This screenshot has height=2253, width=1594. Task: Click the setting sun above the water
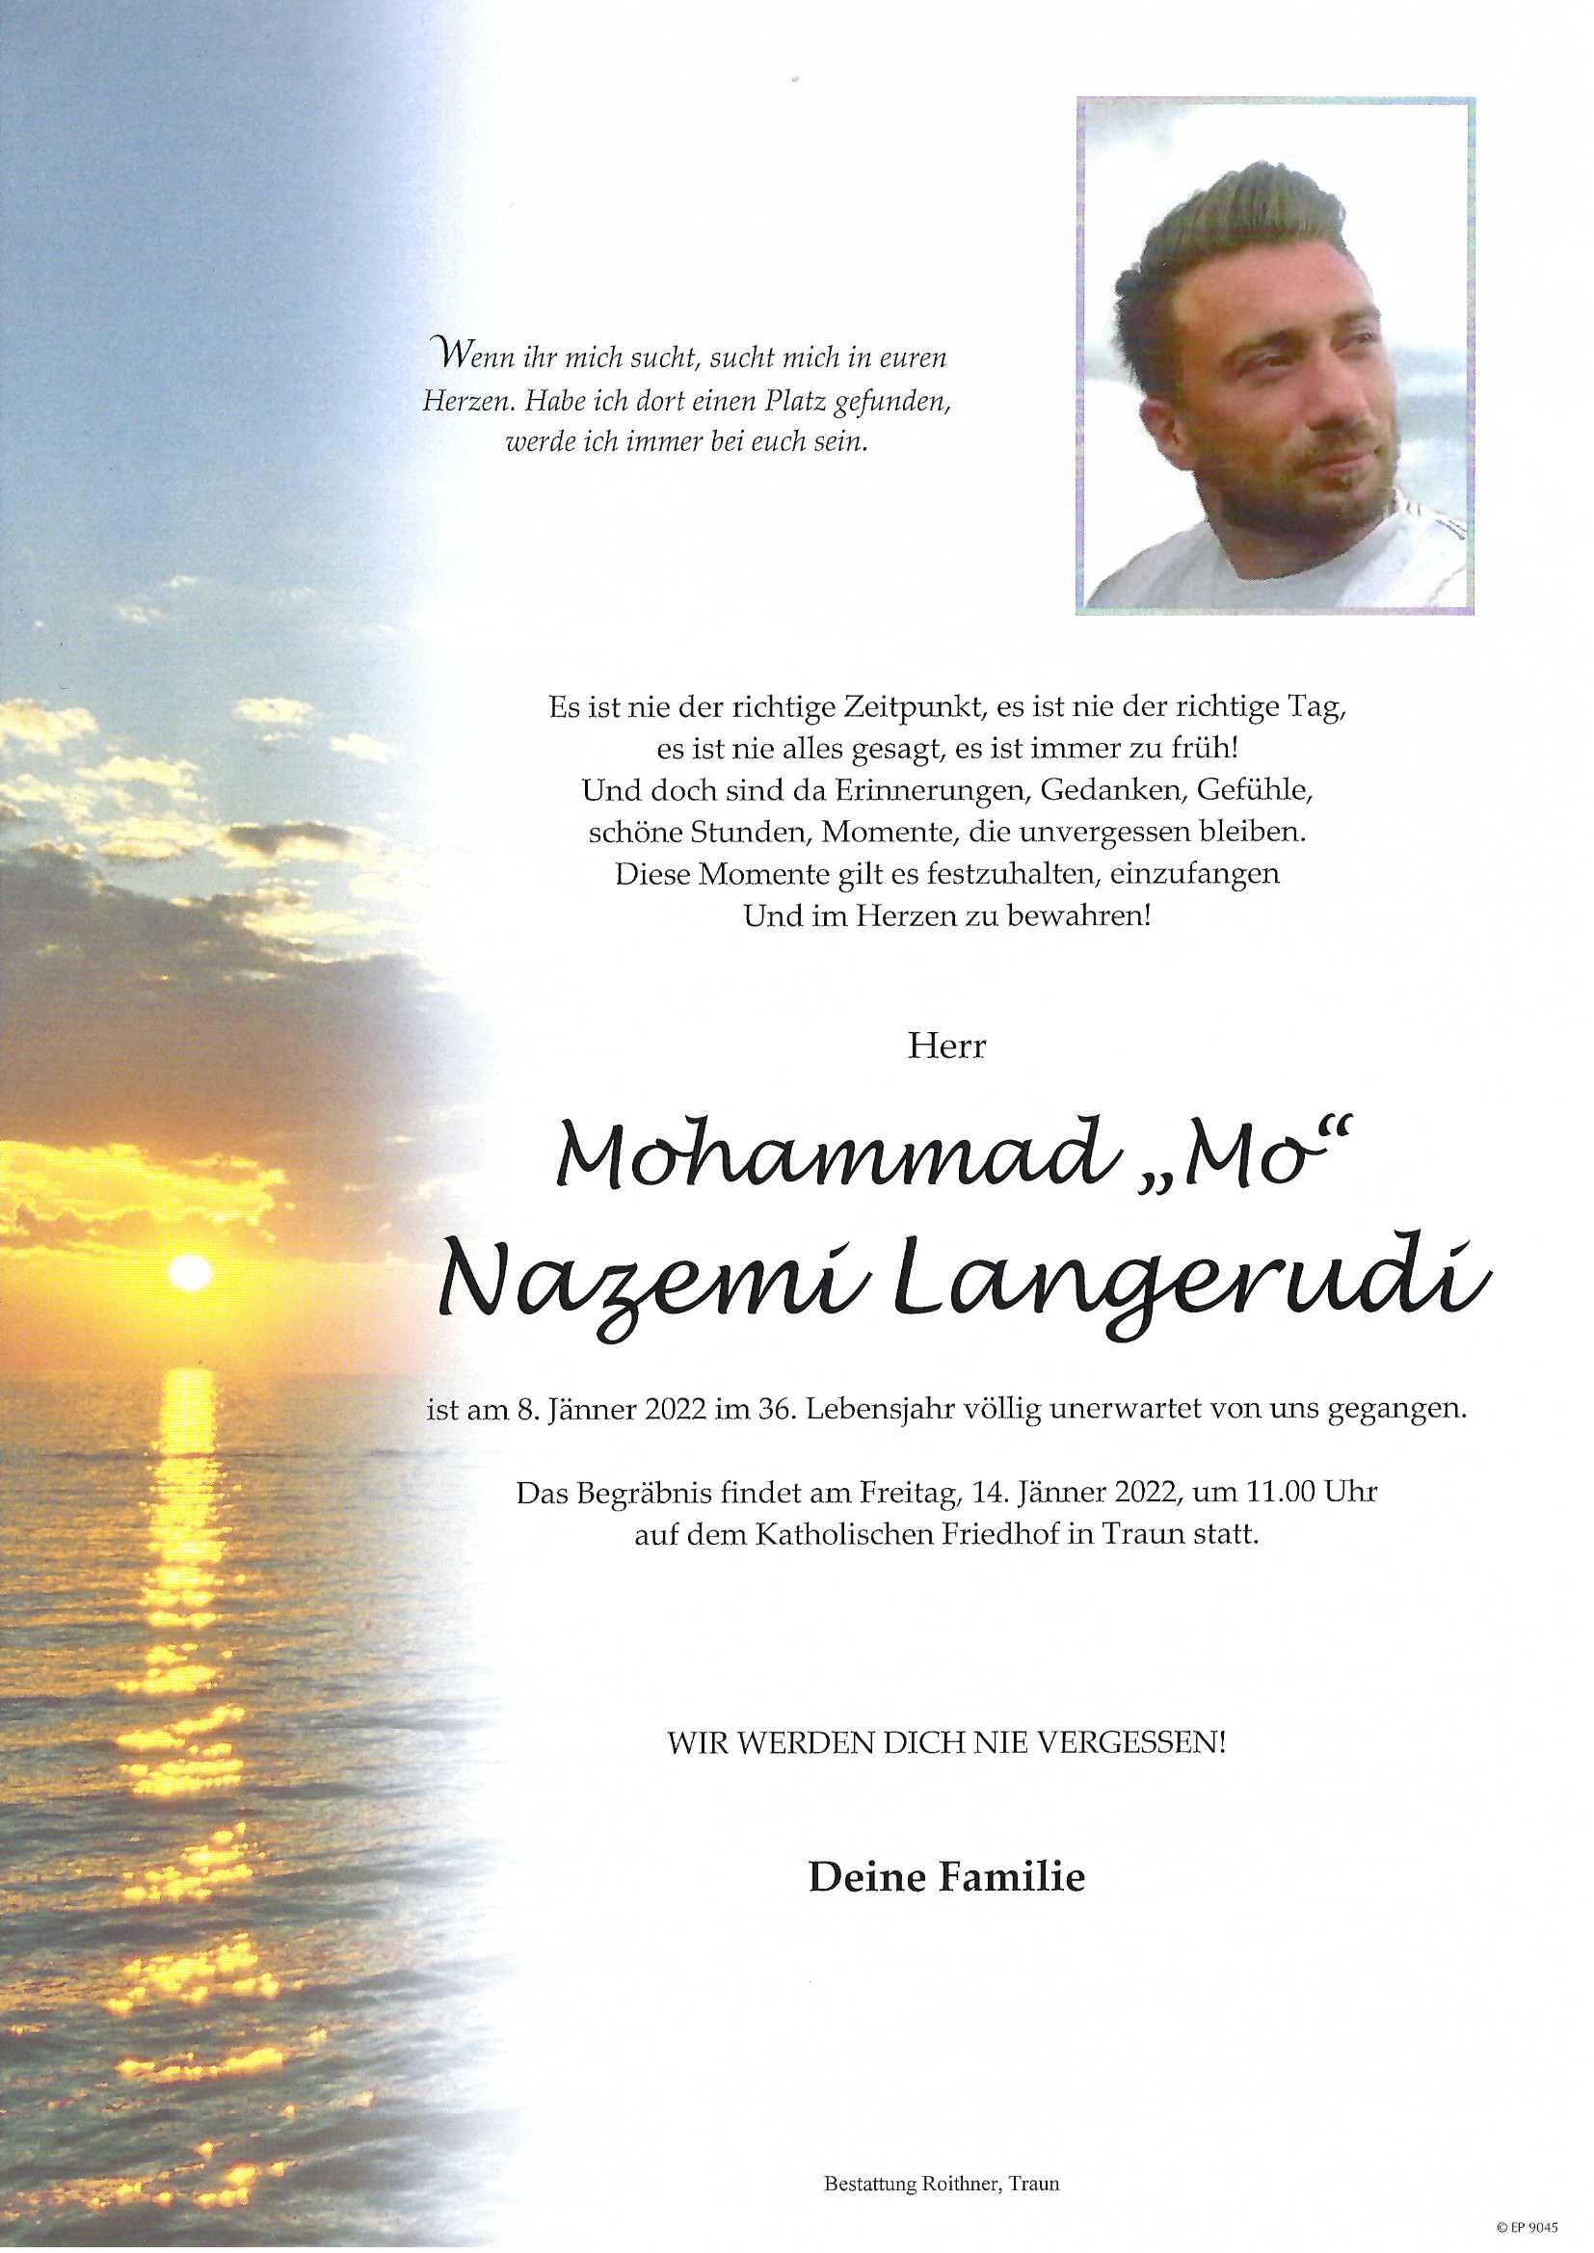pos(191,1273)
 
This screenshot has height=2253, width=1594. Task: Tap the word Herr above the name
pos(946,1047)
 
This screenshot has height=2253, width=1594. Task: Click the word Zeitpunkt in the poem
pos(904,708)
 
